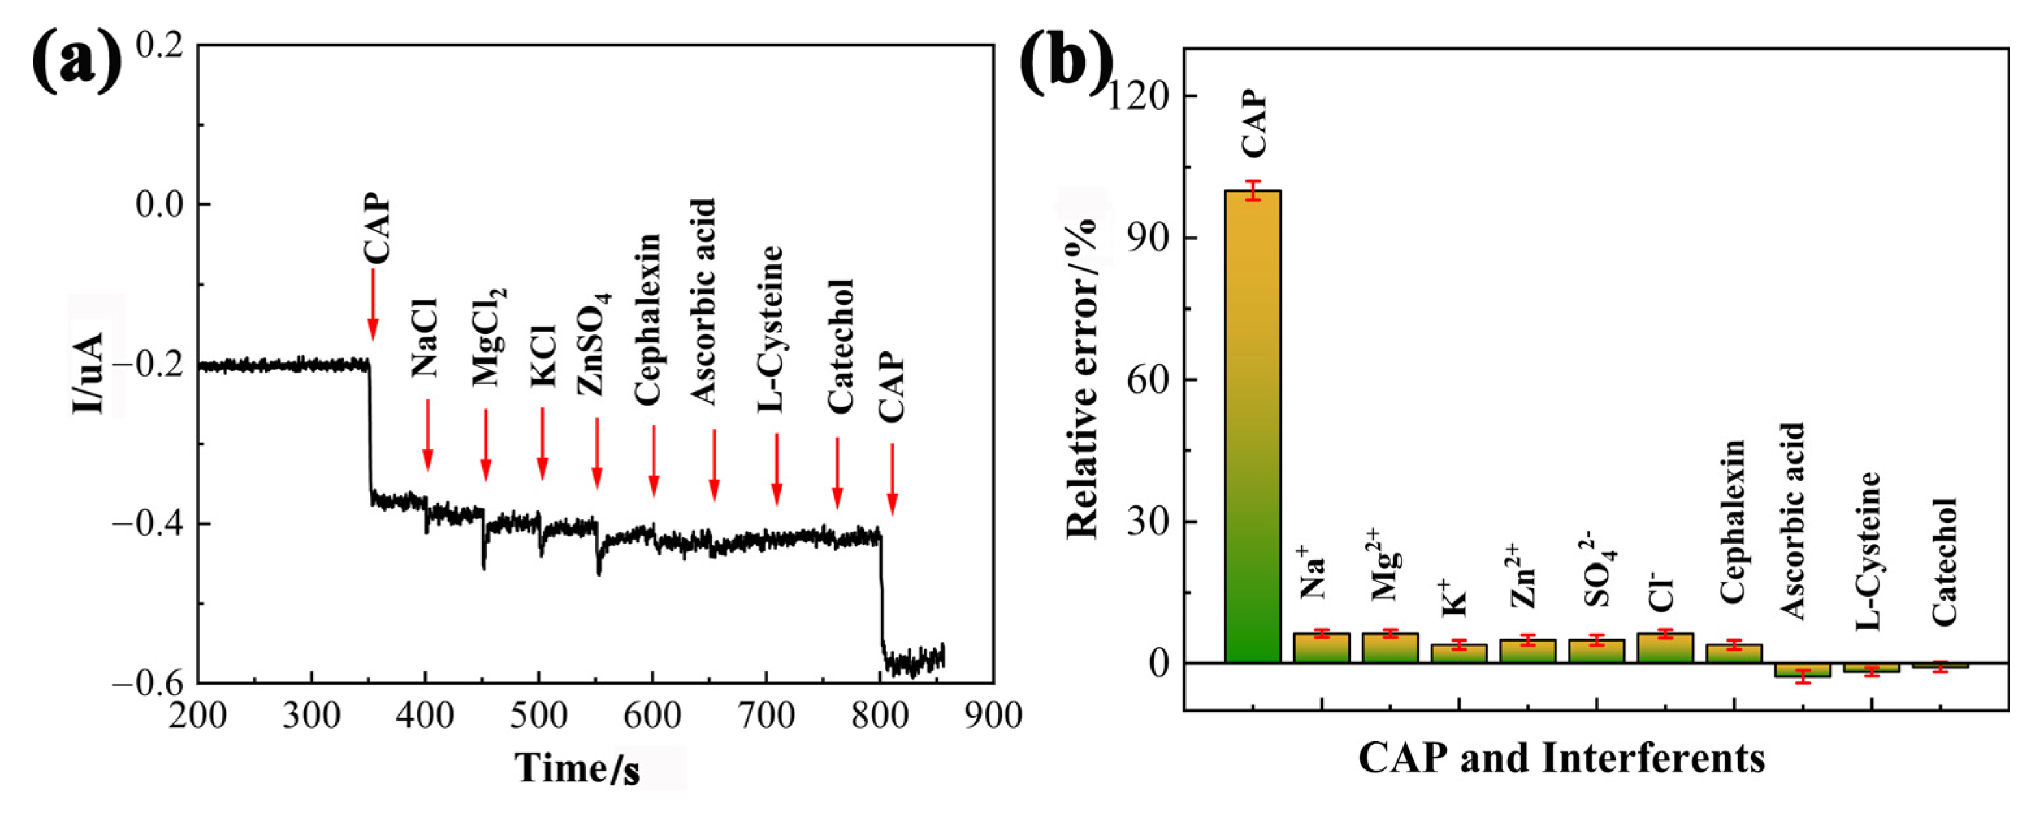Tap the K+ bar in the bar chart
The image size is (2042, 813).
(1458, 653)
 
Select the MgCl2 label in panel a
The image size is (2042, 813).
(487, 337)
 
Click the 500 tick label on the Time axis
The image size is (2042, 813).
(539, 716)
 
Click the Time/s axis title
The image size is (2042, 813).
(578, 767)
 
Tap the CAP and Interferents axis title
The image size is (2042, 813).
(1562, 758)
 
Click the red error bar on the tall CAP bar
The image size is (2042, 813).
(1252, 190)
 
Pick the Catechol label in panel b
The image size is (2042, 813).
(1944, 561)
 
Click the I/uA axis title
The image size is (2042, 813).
(89, 373)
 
